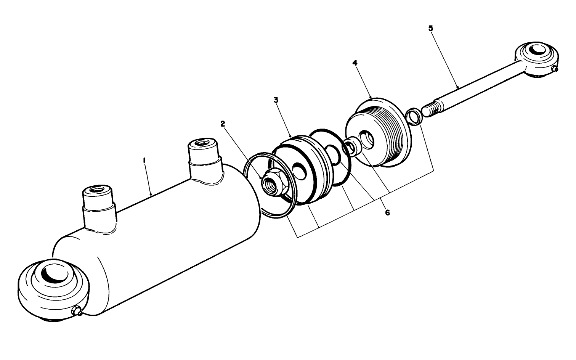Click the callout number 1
tap(144, 161)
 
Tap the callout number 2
tap(223, 124)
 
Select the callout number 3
tap(276, 100)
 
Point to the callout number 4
tap(355, 63)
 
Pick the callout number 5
tap(431, 28)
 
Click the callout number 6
tap(387, 212)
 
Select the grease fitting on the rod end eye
tap(555, 69)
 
